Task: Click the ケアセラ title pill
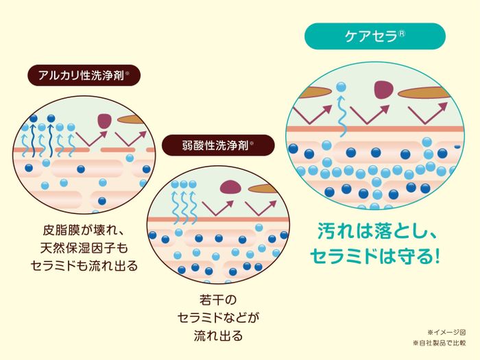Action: tap(375, 36)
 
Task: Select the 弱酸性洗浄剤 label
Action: tap(218, 145)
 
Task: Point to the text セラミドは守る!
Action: tap(374, 256)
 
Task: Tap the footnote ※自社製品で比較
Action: tap(439, 342)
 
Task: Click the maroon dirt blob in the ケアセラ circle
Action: tap(385, 89)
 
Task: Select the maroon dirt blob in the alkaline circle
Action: tap(104, 121)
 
